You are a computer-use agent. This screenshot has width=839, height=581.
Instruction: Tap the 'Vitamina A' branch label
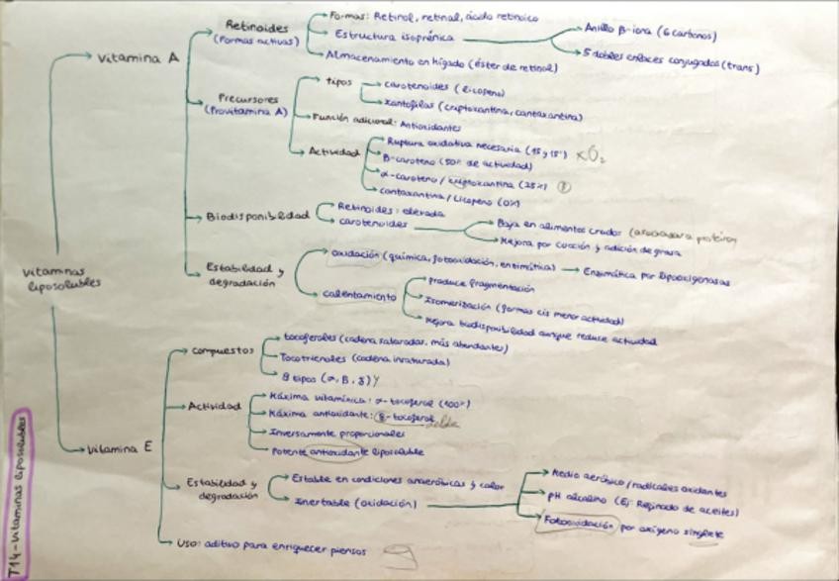point(138,58)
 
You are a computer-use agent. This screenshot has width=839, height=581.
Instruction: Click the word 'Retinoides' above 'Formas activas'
point(256,26)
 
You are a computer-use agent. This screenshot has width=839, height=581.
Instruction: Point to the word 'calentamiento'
point(356,295)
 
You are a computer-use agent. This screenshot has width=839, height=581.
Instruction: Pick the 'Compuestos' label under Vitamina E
point(223,350)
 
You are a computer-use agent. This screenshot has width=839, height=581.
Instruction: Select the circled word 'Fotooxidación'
point(577,525)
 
